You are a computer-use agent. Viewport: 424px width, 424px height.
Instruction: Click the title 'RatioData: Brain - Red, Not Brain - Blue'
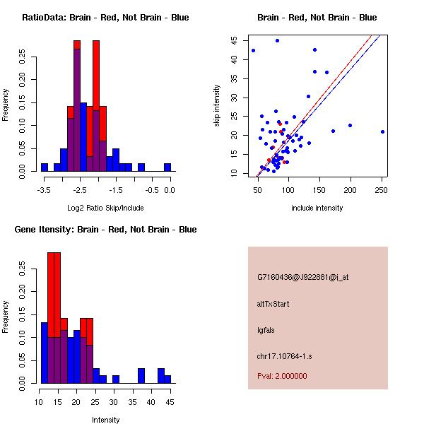[105, 18]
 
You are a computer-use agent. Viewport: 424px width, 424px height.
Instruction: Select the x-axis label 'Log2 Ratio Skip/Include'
[105, 208]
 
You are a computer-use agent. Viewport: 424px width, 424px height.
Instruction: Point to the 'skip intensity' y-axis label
[217, 106]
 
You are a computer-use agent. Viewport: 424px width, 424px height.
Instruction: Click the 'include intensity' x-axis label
[317, 208]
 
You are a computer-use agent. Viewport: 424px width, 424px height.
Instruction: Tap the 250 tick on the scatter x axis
[382, 189]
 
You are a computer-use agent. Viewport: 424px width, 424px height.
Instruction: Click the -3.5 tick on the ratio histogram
[44, 189]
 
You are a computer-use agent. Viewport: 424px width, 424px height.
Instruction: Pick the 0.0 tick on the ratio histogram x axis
[170, 189]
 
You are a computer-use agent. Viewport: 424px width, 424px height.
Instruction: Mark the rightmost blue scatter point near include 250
[382, 131]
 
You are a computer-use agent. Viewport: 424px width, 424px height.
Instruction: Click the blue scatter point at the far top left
[253, 50]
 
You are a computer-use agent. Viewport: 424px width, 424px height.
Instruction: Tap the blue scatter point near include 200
[350, 125]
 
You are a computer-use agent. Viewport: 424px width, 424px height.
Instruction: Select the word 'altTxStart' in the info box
[273, 304]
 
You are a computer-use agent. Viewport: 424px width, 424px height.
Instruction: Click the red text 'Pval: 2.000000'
[282, 376]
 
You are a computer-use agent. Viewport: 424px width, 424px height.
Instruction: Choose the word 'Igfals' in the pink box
[266, 329]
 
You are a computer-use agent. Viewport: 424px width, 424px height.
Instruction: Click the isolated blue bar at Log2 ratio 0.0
[167, 167]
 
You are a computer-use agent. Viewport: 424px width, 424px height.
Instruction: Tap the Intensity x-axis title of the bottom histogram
[105, 420]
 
